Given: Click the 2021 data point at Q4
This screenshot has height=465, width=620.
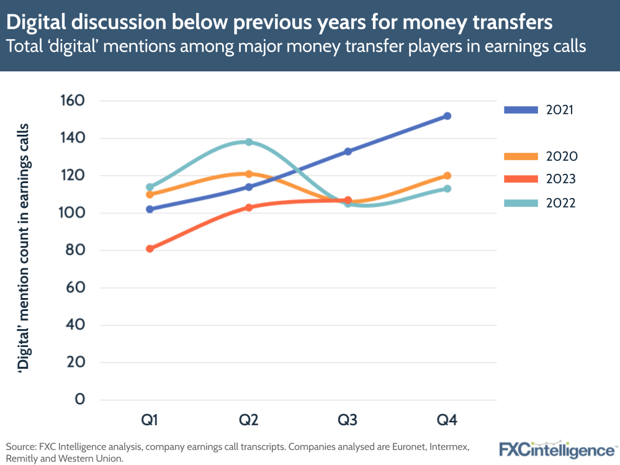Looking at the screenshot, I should click(x=447, y=116).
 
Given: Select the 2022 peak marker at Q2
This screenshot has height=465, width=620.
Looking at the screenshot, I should click(x=249, y=142).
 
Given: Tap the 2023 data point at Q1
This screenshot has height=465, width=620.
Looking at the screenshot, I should click(x=150, y=249).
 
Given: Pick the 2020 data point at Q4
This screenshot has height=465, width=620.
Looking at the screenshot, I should click(x=447, y=176).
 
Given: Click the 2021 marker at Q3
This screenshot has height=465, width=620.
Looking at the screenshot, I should click(x=348, y=151).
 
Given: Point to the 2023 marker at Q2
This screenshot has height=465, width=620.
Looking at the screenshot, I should click(x=249, y=207).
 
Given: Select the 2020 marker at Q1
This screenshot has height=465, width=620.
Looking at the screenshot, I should click(x=150, y=194).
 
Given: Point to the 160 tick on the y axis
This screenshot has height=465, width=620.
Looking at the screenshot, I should click(x=72, y=101).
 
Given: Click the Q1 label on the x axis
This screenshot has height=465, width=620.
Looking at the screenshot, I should click(x=150, y=421).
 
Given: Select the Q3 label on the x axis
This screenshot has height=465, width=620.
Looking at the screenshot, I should click(x=348, y=421).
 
